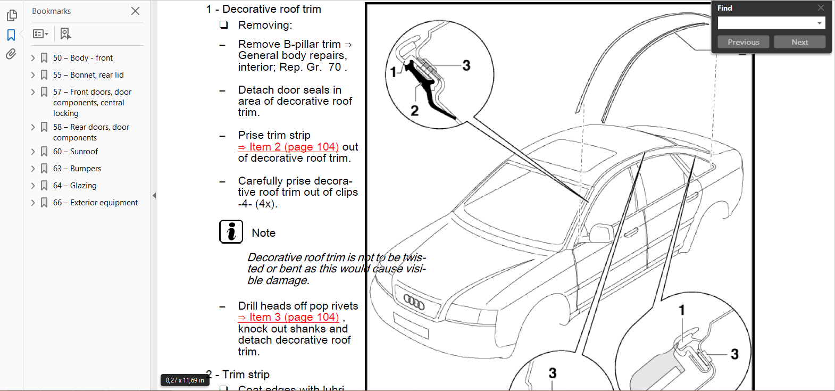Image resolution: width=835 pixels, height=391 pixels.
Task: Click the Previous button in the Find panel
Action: (743, 42)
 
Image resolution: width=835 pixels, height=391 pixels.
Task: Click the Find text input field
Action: (766, 23)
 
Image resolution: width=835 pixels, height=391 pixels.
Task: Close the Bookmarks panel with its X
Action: (136, 11)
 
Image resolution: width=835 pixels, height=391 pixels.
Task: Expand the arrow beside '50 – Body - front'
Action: (33, 58)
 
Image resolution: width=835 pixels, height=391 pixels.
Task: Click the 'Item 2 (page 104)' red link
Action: (294, 147)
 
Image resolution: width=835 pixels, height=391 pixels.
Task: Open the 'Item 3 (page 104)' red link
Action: (294, 318)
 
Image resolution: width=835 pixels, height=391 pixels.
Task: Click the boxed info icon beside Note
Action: (231, 232)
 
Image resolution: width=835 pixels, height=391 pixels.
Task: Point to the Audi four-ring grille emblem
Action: (414, 302)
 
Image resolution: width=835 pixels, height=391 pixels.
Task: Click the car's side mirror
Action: (602, 232)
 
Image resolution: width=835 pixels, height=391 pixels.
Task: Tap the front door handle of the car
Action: (631, 233)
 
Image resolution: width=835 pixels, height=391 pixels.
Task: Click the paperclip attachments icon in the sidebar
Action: (11, 54)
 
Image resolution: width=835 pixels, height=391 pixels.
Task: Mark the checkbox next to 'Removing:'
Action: (224, 25)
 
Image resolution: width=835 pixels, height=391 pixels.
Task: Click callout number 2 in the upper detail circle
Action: (415, 111)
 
